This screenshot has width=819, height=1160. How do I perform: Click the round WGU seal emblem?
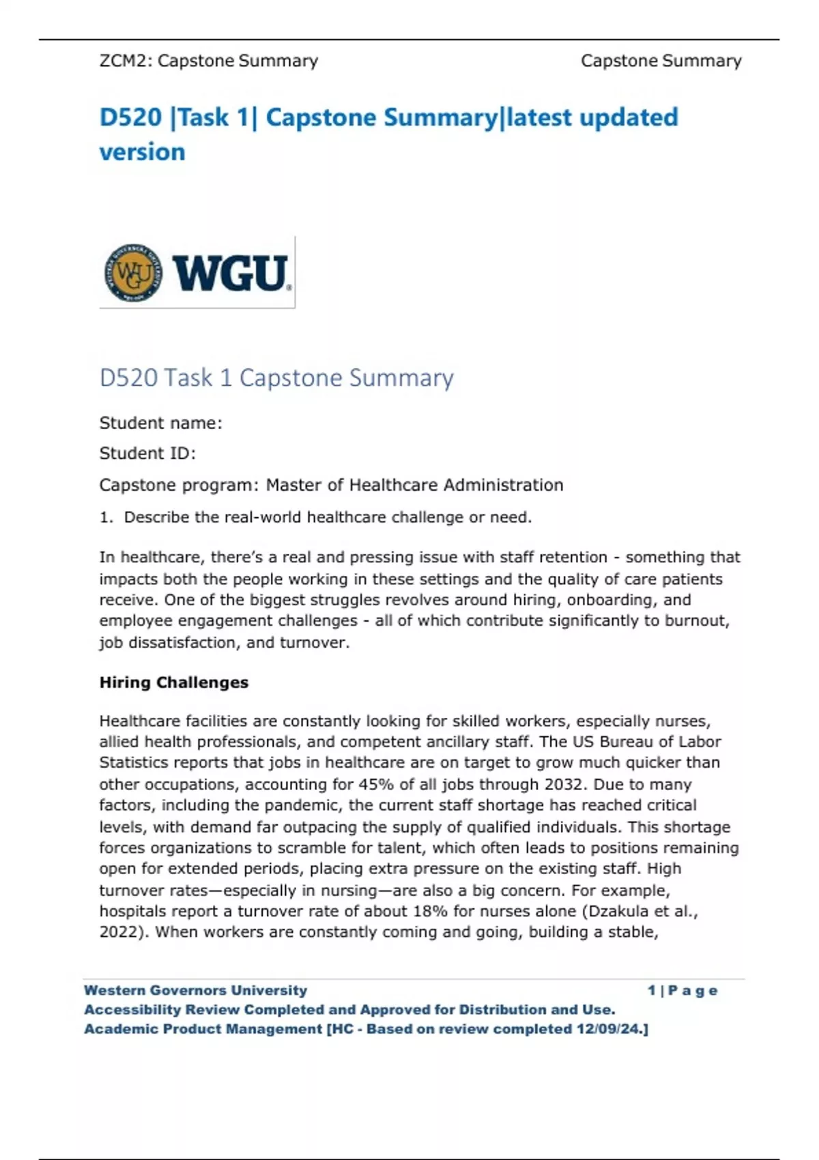[x=134, y=273]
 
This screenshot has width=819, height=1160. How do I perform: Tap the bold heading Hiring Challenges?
[x=174, y=682]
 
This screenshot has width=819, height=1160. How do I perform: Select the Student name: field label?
[x=160, y=423]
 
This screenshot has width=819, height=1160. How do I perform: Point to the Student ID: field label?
[x=147, y=453]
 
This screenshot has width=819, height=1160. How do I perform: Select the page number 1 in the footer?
[x=652, y=990]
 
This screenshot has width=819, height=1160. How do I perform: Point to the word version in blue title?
[x=142, y=151]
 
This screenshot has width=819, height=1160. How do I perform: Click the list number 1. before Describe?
[x=106, y=517]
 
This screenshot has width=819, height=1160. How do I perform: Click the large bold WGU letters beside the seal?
[x=230, y=273]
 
